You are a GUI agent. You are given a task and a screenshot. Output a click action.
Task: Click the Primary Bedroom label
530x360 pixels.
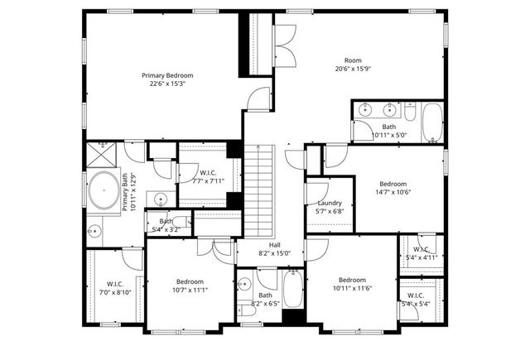pos(167,74)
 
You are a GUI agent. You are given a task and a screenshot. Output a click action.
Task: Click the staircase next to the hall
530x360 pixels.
pos(261,190)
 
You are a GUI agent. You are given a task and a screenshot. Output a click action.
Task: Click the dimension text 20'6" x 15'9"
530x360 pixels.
pos(354,70)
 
